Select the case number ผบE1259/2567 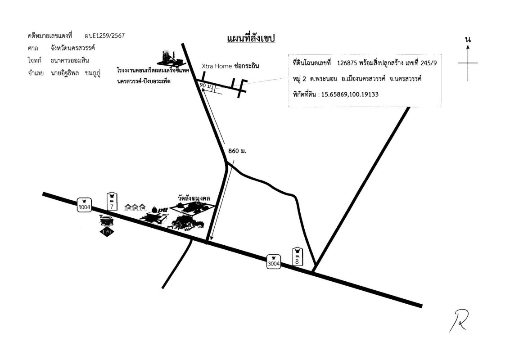(x=104, y=36)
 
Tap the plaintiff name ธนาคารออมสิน (x=71, y=60)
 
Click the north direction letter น (x=468, y=39)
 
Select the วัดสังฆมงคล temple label (x=195, y=198)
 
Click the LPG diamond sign (x=106, y=231)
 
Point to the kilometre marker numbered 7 (x=112, y=201)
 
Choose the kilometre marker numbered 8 (x=297, y=256)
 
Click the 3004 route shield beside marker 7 (x=84, y=205)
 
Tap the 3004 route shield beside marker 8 (x=273, y=263)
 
